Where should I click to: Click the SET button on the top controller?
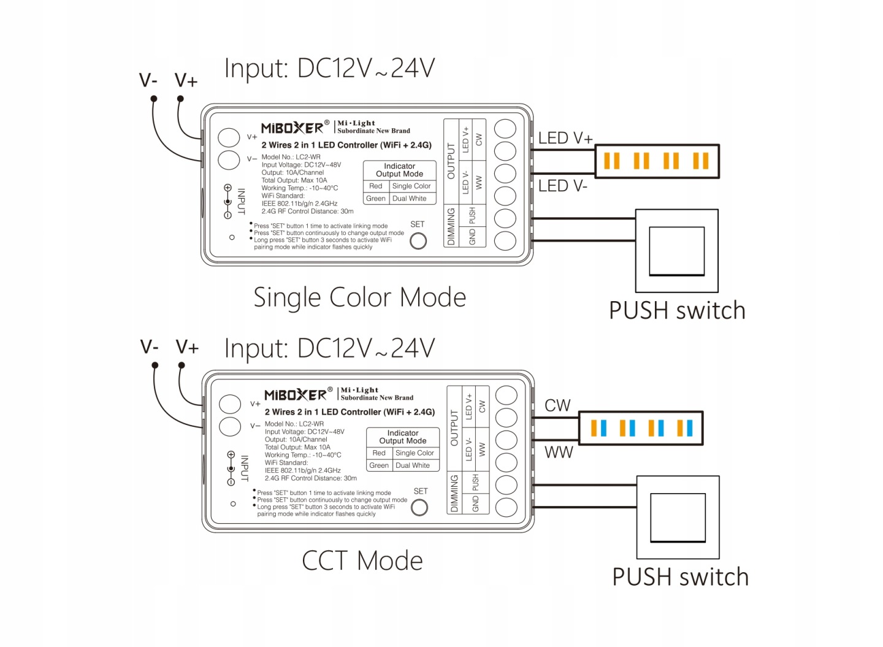418,241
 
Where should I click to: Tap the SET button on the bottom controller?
419,508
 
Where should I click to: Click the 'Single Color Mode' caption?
359,297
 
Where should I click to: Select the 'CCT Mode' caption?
362,561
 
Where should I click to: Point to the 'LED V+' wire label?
565,138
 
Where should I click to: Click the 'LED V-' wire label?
562,185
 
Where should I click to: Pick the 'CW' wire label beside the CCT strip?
557,405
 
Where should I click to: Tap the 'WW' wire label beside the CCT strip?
559,452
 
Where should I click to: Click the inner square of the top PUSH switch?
677,251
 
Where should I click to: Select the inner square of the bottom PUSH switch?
678,517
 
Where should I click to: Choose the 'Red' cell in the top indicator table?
376,186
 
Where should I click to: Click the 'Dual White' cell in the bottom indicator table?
412,465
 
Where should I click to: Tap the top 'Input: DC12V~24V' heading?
329,69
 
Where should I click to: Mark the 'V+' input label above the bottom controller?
187,347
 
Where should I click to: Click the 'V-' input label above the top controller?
148,80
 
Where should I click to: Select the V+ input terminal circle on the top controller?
229,137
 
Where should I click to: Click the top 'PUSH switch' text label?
677,310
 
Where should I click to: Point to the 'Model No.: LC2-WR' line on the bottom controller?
294,424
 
